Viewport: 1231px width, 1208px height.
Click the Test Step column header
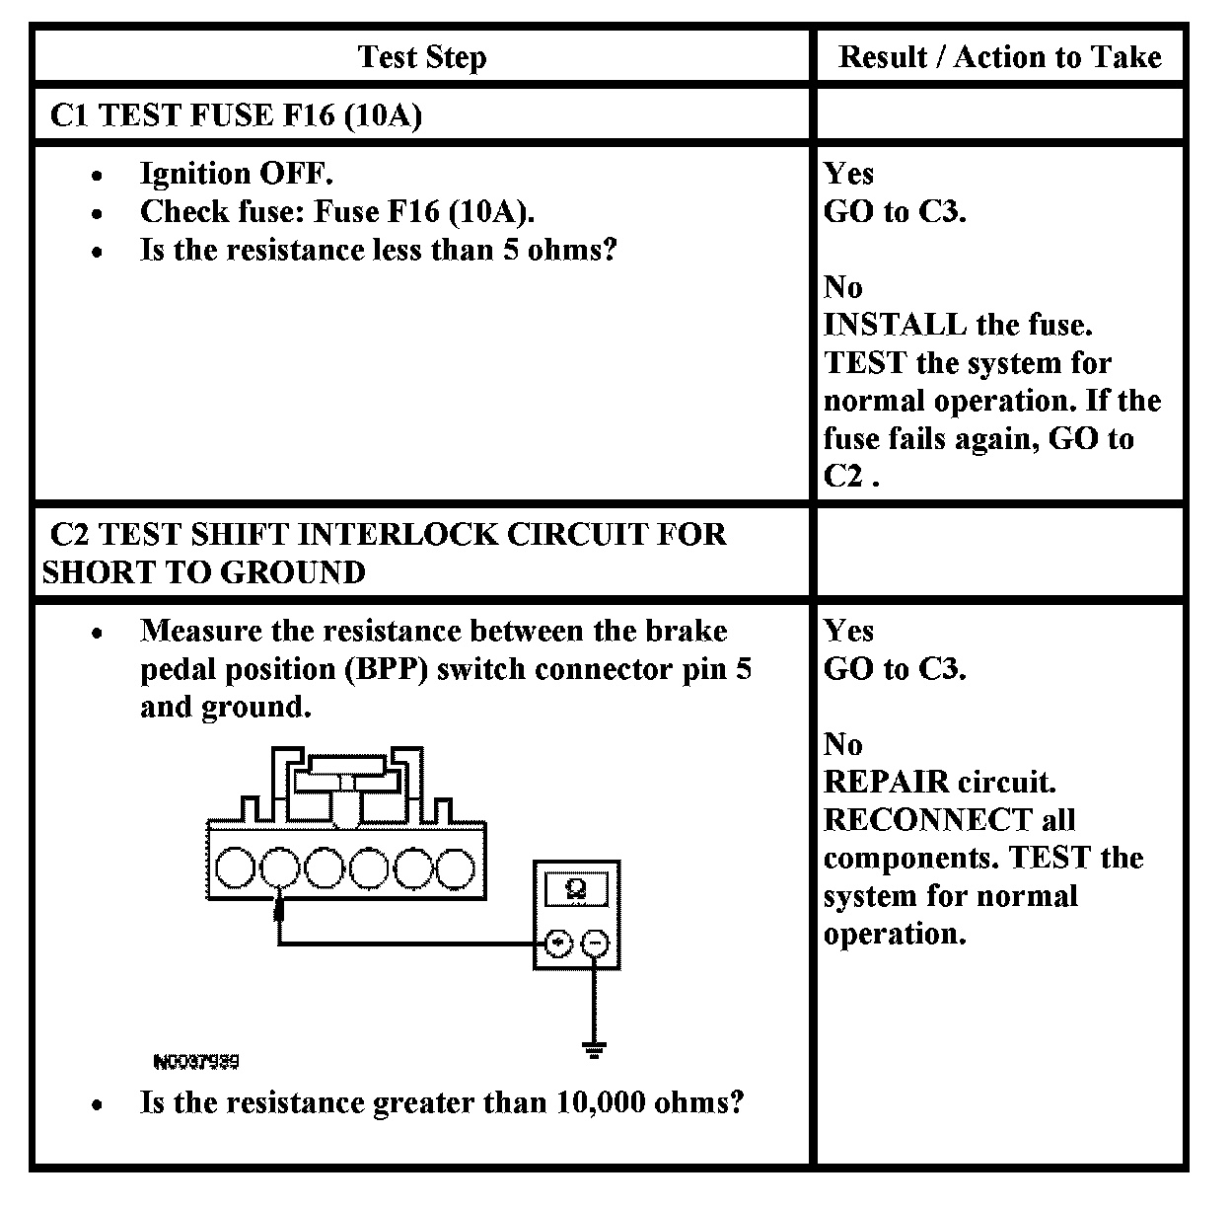point(422,57)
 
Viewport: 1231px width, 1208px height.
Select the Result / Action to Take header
point(999,57)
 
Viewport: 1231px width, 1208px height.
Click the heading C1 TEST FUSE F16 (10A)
point(236,115)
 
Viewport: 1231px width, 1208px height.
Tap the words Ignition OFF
point(237,174)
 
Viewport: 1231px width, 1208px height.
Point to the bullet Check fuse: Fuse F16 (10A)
point(337,211)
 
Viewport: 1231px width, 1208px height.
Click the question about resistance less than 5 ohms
point(378,250)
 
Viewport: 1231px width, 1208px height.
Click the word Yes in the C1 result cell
point(848,174)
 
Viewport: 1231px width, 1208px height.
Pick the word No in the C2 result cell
point(842,743)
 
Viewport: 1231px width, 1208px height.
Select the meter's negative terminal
point(595,944)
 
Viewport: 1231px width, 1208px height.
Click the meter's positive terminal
point(558,944)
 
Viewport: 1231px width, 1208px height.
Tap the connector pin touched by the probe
point(280,868)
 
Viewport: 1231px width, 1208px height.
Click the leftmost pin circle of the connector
point(235,868)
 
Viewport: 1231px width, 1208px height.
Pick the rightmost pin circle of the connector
point(455,868)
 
